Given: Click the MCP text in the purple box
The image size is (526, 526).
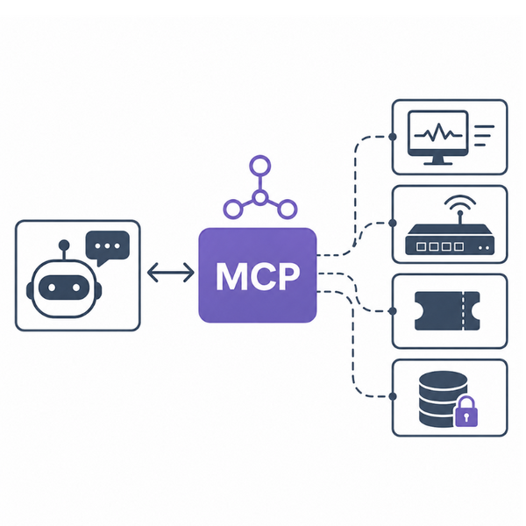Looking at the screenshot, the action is point(258,276).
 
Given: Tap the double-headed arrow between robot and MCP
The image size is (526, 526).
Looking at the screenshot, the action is point(171,272).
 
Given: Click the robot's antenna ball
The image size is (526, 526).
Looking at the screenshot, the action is point(64,245).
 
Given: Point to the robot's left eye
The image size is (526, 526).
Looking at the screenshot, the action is point(52,288).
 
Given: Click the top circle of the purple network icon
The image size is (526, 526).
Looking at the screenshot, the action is point(260,166).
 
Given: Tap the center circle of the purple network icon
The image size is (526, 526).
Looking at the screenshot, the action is point(260,197).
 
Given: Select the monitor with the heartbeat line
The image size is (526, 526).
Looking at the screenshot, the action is point(437,138).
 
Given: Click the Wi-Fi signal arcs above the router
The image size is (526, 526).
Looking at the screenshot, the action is point(460,202).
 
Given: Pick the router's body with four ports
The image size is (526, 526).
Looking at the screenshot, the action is point(450,239).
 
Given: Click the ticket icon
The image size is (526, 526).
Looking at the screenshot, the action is point(447,311).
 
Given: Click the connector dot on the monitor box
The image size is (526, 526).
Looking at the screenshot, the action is point(393,137).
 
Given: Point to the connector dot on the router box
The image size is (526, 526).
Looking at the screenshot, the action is point(393,223).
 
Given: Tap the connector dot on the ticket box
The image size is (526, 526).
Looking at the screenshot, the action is point(393,311).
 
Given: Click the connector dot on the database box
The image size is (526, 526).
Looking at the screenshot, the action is point(393,396).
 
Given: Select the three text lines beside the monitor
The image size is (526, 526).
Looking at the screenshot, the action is point(484,136).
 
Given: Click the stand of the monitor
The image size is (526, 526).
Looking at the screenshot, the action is point(437,160).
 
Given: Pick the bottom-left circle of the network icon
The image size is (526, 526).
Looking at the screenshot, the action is point(233,210).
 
